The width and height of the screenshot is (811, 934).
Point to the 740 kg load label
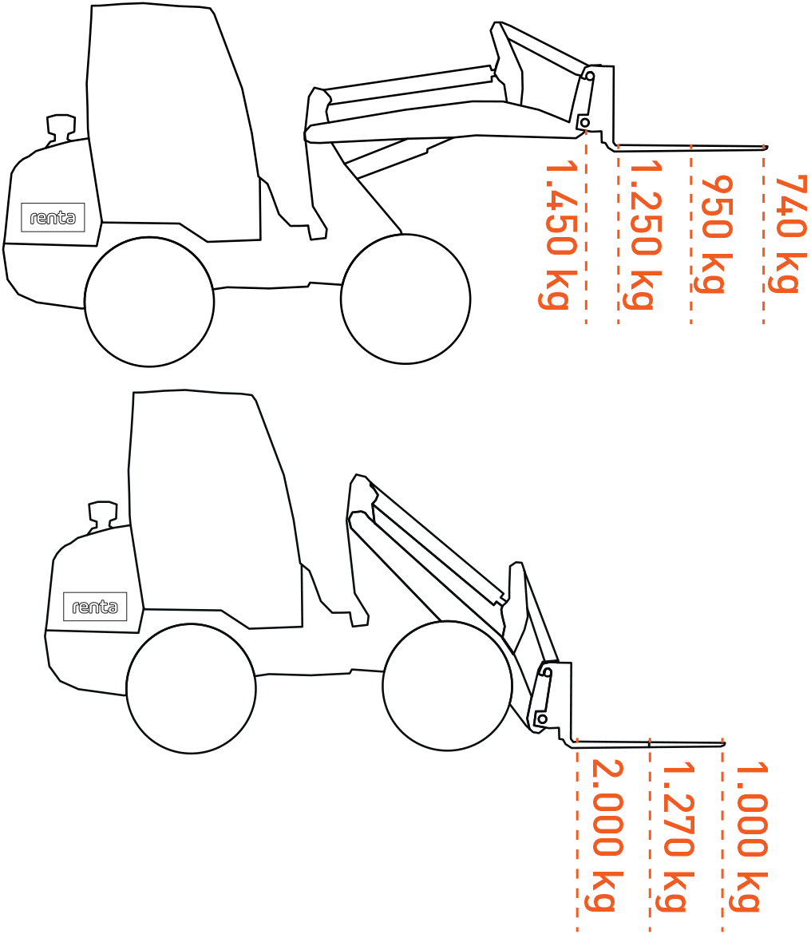click(789, 234)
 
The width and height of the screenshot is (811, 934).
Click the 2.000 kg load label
click(604, 835)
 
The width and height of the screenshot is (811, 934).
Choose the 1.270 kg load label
click(676, 837)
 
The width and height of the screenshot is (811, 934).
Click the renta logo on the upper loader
click(53, 217)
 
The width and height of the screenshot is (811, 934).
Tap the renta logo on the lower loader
click(95, 607)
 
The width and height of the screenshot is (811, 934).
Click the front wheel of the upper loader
click(405, 299)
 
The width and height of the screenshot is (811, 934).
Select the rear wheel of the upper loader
click(148, 302)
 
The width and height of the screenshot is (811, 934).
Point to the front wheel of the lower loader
click(447, 687)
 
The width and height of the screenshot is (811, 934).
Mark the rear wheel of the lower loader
click(191, 689)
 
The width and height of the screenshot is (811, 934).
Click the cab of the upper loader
click(172, 122)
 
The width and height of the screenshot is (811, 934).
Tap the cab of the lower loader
click(215, 509)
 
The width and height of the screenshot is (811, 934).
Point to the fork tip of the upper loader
click(766, 147)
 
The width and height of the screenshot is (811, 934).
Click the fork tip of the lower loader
click(723, 744)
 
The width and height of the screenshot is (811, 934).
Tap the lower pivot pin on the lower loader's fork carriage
click(543, 719)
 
